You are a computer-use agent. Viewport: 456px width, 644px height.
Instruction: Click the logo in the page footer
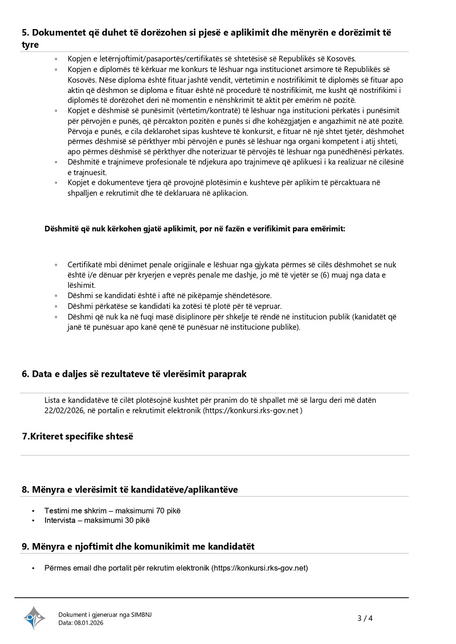click(34, 618)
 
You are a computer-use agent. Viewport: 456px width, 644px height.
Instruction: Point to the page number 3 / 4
click(365, 618)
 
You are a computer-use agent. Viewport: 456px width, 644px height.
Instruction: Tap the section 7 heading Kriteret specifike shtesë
click(77, 436)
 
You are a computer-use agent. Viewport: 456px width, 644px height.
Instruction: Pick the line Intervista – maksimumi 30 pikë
click(97, 520)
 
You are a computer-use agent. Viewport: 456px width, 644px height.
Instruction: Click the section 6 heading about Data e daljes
click(134, 374)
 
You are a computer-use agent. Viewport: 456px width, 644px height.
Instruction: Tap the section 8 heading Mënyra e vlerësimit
click(129, 489)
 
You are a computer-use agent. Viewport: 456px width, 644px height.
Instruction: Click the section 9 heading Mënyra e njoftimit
click(138, 546)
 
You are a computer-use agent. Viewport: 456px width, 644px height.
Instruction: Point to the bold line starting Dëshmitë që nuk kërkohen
click(195, 229)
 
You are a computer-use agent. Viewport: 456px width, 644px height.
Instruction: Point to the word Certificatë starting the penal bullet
click(85, 265)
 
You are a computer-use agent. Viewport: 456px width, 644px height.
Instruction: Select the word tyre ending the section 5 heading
click(30, 44)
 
